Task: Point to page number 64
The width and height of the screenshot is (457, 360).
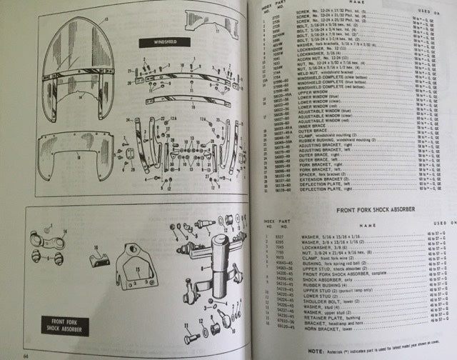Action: click(25, 355)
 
